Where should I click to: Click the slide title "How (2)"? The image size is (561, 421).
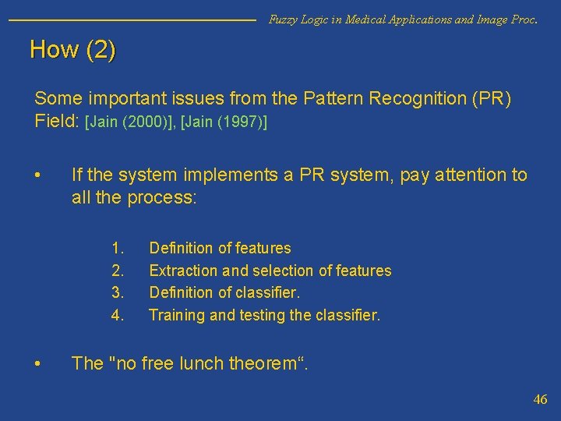point(72,51)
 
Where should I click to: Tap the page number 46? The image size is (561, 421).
point(540,399)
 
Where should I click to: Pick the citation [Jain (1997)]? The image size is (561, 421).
point(224,122)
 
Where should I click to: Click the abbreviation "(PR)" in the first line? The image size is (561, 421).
point(492,100)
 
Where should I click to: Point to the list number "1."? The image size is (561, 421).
point(118,248)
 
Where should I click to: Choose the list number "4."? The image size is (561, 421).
point(118,315)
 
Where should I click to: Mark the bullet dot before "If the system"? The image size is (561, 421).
point(38,175)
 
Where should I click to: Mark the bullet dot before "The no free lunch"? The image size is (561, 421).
point(38,363)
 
